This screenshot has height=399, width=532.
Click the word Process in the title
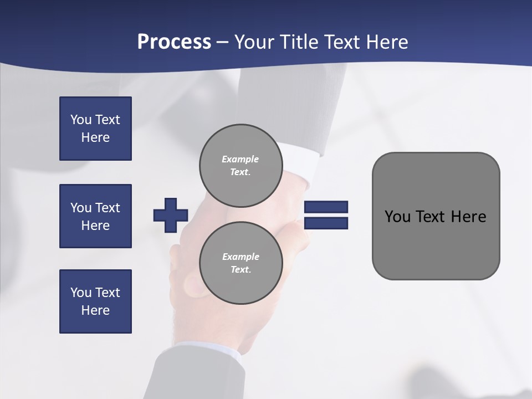(x=174, y=42)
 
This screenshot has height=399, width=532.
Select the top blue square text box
(x=95, y=129)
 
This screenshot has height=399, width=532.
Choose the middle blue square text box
(x=95, y=216)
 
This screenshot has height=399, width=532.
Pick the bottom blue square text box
(x=95, y=301)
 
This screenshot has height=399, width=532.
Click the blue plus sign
(x=171, y=215)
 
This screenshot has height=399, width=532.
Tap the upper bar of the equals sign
(x=326, y=207)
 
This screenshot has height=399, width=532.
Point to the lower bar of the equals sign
(x=326, y=223)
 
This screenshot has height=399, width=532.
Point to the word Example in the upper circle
(x=240, y=159)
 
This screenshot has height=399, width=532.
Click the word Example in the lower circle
(x=241, y=257)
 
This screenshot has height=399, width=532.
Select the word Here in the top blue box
(x=95, y=137)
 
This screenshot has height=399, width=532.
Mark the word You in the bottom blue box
(x=81, y=293)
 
